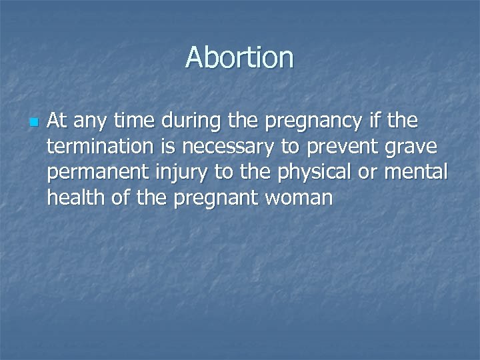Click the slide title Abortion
[x=239, y=57]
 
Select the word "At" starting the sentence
[x=57, y=121]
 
